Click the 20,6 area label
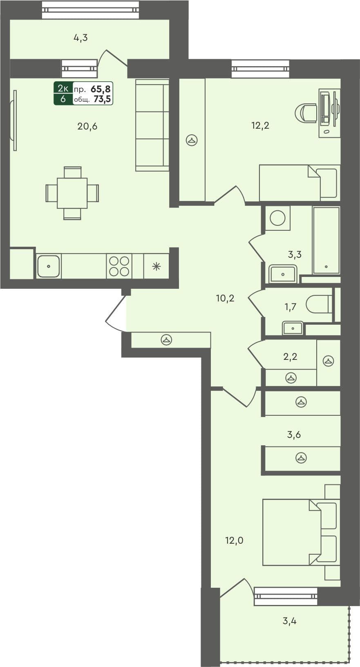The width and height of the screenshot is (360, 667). click(x=87, y=126)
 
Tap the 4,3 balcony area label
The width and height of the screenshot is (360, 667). click(x=80, y=38)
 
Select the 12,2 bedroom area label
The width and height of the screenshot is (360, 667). click(x=260, y=125)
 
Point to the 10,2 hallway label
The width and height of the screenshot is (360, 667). click(x=225, y=298)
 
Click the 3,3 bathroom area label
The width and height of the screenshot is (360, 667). click(x=295, y=254)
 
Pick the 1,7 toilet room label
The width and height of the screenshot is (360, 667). click(x=290, y=306)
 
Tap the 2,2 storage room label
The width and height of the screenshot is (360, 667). click(x=290, y=357)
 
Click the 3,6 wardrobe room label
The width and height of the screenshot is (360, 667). click(x=294, y=434)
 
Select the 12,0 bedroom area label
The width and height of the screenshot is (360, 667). click(x=234, y=540)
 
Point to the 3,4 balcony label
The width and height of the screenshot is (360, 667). click(x=289, y=621)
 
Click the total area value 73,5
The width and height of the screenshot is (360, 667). click(x=102, y=99)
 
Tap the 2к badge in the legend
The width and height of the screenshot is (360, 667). click(x=63, y=88)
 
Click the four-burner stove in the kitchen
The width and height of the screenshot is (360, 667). click(x=119, y=266)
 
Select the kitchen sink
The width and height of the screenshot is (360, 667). click(x=49, y=266)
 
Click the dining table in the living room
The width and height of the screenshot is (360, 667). click(x=72, y=193)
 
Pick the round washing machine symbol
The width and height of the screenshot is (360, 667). click(x=277, y=218)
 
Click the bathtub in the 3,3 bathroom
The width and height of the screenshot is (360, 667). click(x=326, y=240)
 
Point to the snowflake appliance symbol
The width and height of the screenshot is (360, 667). click(x=157, y=267)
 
